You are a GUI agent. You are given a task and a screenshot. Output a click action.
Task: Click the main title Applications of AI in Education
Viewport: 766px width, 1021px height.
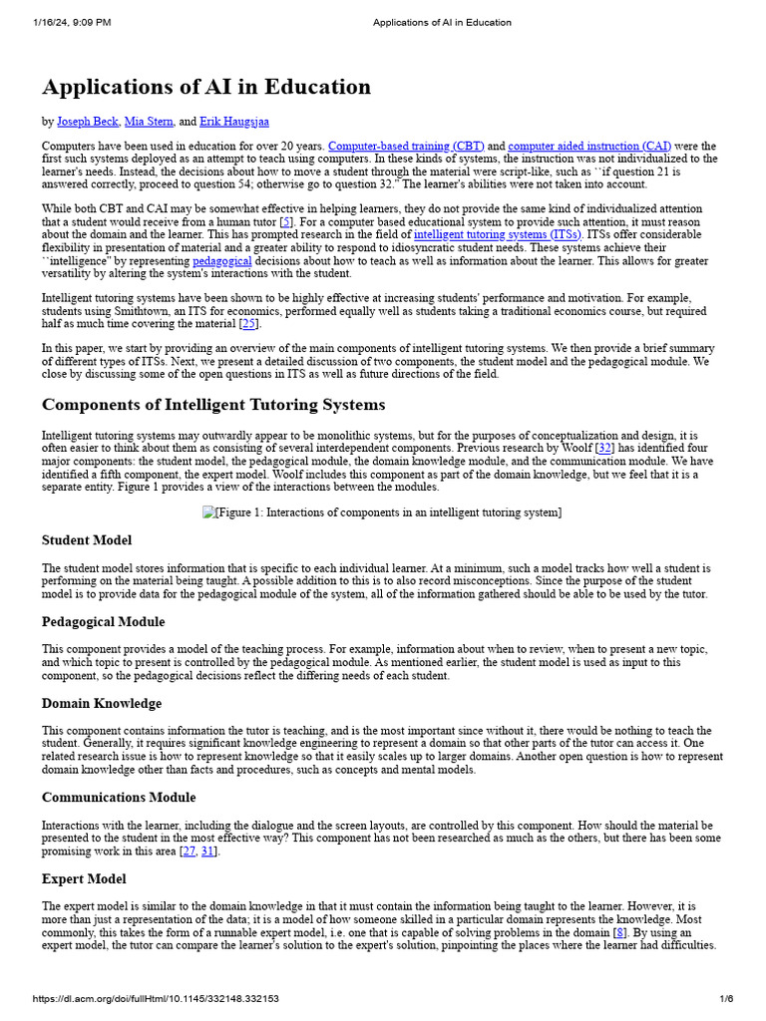point(206,87)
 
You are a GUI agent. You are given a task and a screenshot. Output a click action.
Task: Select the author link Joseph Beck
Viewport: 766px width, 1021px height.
point(88,122)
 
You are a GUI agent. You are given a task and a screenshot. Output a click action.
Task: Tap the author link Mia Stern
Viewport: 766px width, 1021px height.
point(148,122)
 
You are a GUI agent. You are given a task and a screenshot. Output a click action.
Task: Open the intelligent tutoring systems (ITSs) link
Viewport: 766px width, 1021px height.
point(497,235)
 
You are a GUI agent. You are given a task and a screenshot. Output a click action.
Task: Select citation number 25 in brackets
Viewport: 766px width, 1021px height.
point(249,324)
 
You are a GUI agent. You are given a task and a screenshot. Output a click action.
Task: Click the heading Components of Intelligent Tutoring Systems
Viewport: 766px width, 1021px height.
point(212,405)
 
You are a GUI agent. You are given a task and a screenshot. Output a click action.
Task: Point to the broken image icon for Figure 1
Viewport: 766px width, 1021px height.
point(209,512)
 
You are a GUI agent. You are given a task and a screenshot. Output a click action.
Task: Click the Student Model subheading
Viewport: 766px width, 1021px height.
point(87,540)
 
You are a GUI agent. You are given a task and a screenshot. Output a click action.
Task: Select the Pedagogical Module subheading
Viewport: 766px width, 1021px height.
point(103,621)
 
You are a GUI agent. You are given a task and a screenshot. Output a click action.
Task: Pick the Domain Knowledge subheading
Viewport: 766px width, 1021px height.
point(101,703)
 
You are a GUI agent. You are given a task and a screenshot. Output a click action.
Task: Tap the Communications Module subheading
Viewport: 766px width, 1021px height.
point(119,797)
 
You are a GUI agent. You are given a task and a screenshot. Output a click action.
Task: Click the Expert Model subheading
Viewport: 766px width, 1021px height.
point(84,878)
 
